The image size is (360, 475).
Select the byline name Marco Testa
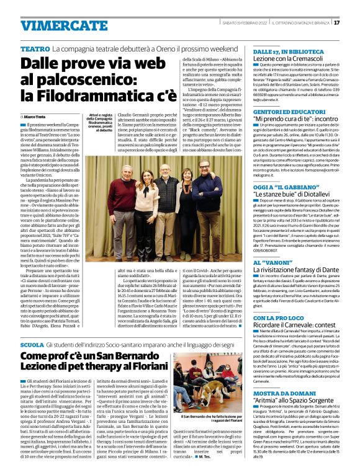pos(35,116)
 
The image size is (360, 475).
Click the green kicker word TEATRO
pos(35,48)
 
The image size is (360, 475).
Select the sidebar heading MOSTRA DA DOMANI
pos(283,394)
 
